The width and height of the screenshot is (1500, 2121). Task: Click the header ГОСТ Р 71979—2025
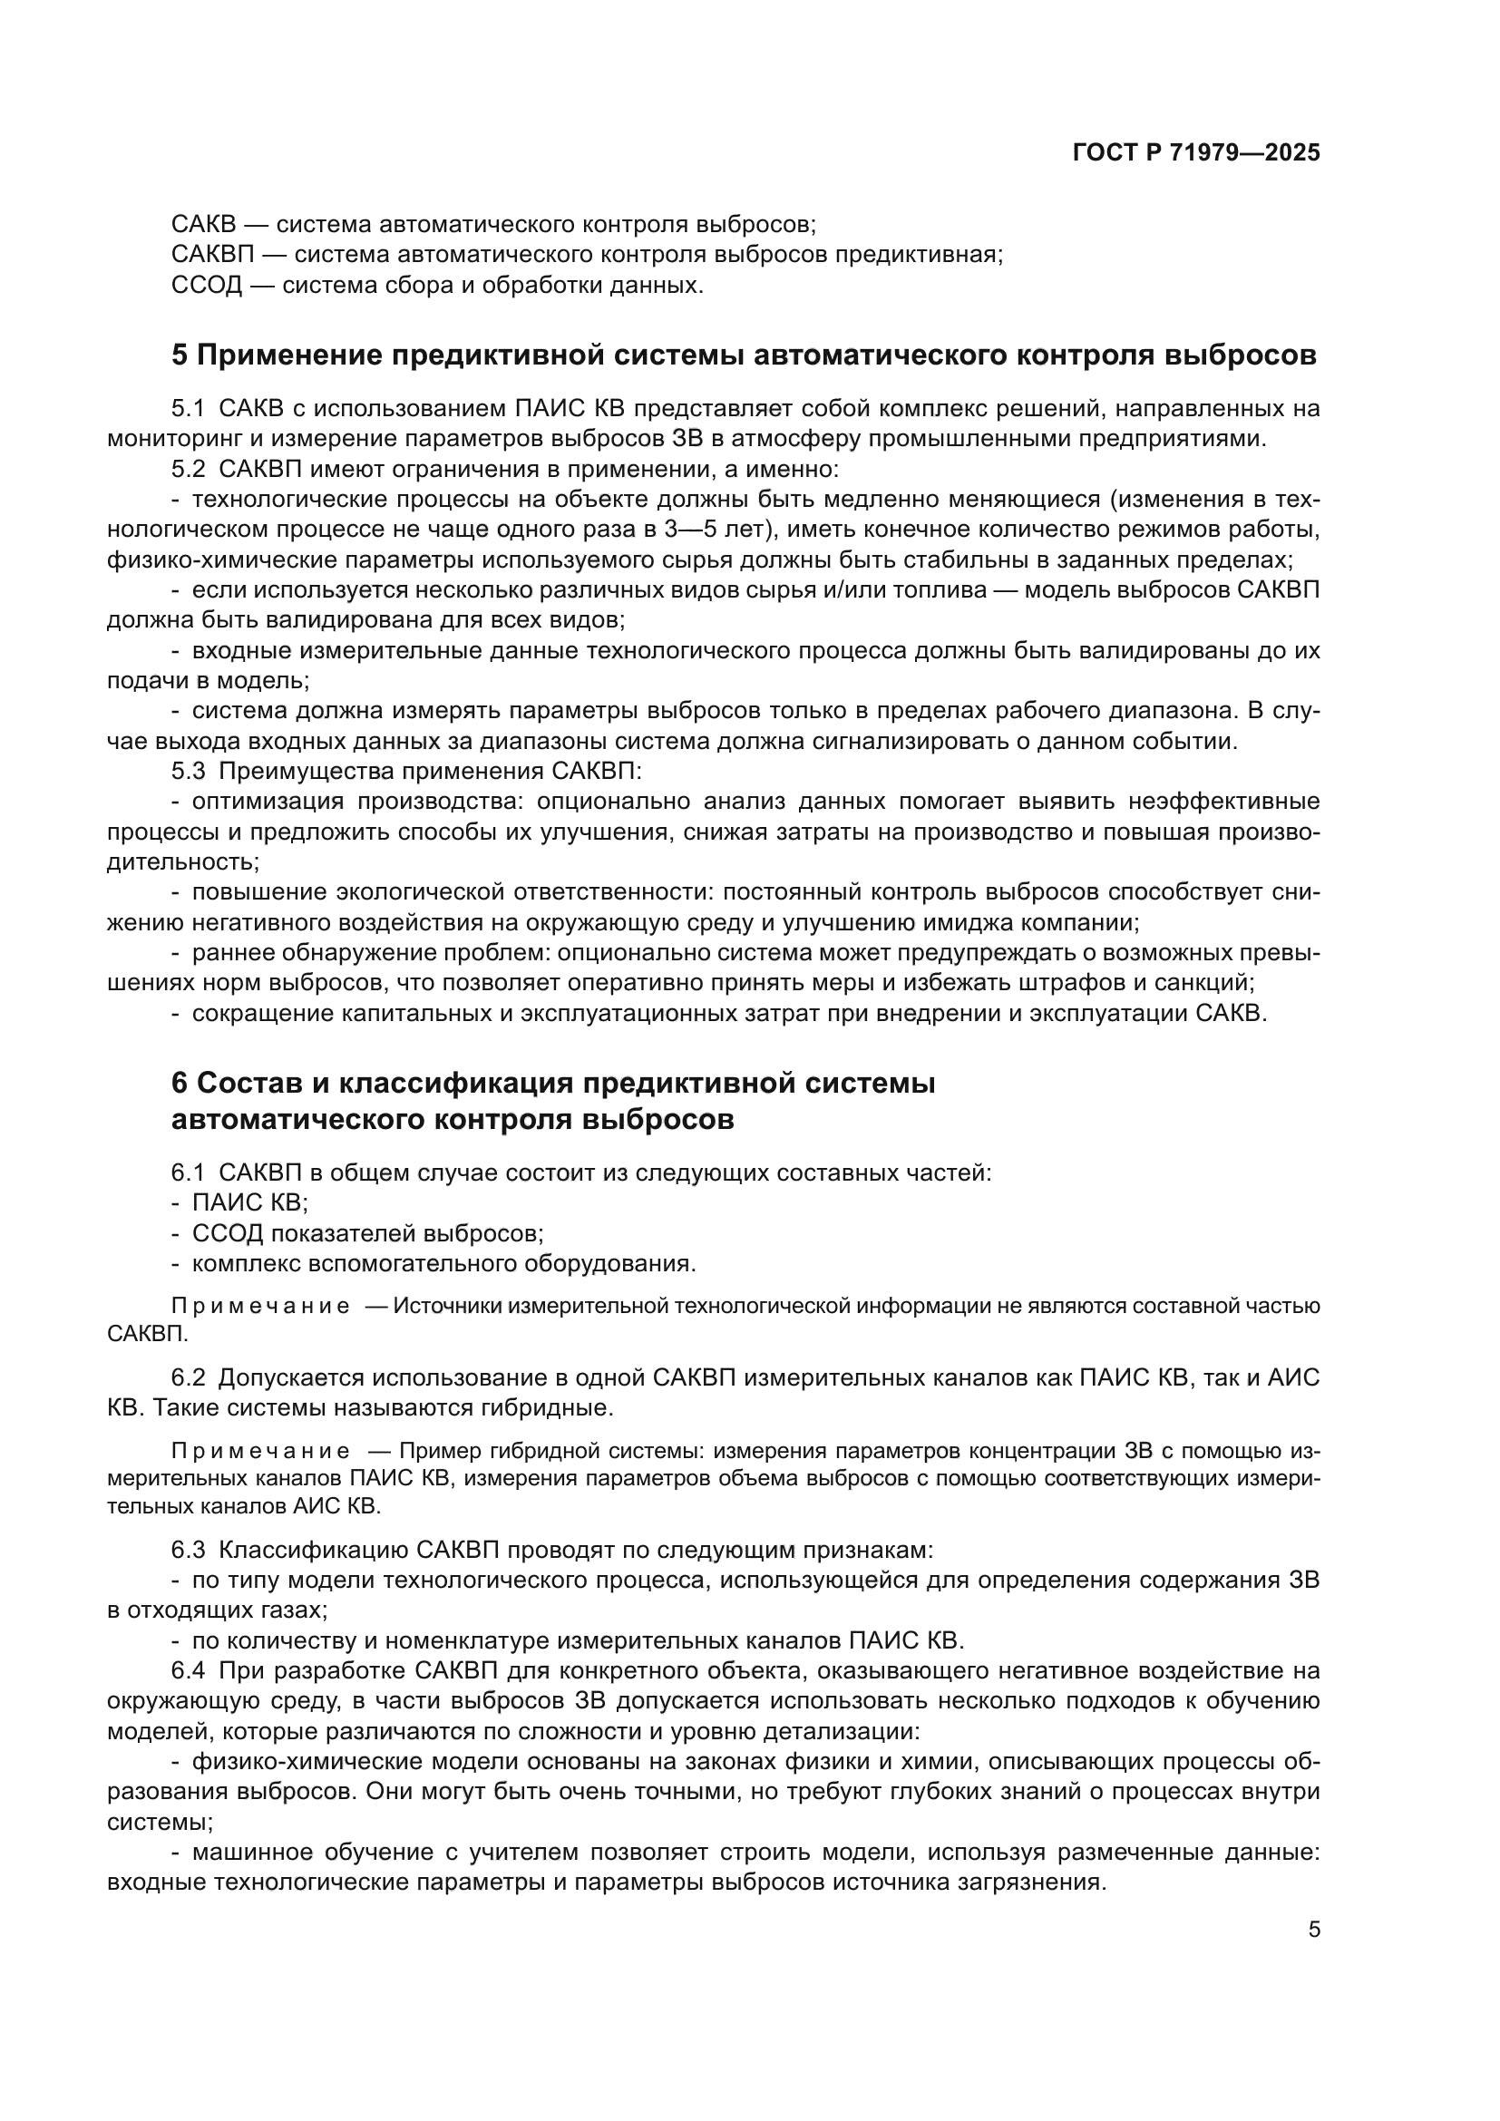1196,153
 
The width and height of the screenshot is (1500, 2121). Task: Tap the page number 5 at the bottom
1313,1930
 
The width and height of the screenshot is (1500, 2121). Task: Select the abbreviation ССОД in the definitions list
206,286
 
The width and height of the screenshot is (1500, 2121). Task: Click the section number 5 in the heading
180,355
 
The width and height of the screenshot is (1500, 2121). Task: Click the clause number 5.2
189,470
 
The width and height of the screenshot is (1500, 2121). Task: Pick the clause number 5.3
189,772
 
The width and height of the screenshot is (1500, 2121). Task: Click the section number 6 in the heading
180,1083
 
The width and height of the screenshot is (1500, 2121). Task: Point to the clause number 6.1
188,1173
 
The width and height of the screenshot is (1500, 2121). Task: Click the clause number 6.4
188,1671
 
